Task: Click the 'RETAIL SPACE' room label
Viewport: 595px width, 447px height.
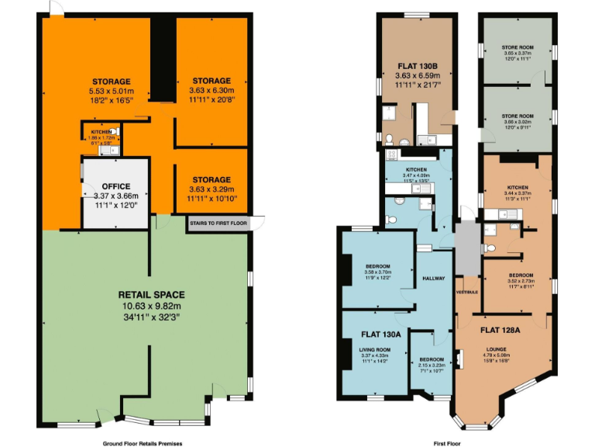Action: click(x=151, y=295)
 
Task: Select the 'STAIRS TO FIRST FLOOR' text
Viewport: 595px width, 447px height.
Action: click(x=218, y=223)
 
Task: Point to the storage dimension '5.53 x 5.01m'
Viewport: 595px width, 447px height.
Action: click(x=112, y=91)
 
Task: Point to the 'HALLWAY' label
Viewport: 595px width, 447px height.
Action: click(x=433, y=278)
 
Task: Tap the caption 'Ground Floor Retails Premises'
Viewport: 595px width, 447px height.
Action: click(x=143, y=443)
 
